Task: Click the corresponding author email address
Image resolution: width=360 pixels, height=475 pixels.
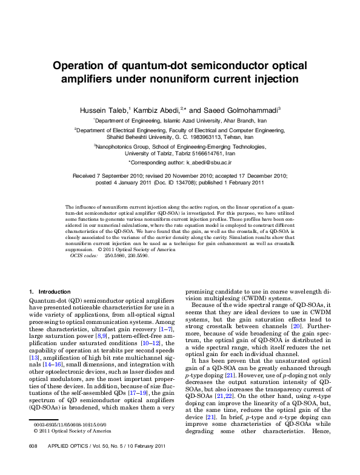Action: pos(208,163)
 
